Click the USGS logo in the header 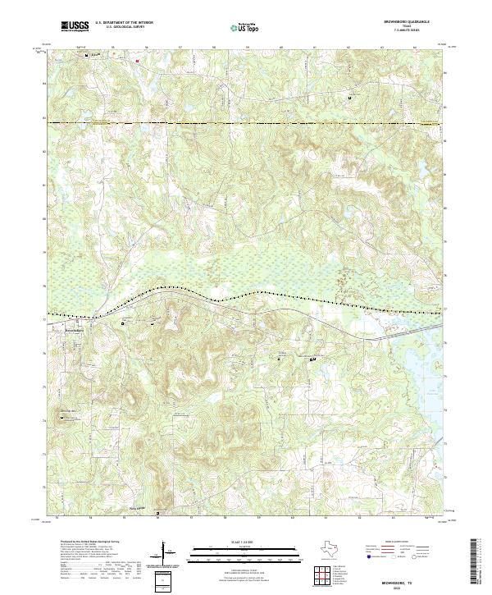tap(75, 27)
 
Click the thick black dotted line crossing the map tap(246, 293)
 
